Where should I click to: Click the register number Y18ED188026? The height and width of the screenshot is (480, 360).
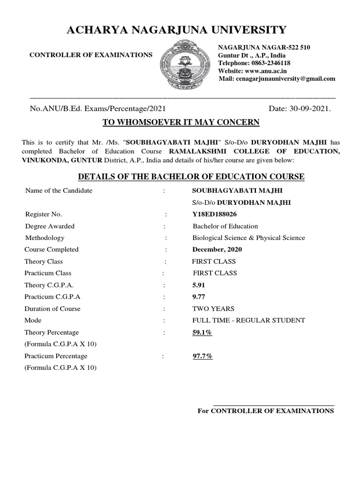214,214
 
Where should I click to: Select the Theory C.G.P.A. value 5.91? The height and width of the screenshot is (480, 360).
199,285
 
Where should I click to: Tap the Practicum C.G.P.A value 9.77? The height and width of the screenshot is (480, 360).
199,297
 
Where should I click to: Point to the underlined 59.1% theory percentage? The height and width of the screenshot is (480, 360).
202,332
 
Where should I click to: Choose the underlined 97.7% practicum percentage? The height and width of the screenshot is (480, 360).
202,356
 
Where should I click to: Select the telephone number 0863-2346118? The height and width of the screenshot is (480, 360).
270,63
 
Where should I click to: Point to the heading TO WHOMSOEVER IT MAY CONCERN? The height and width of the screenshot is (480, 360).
181,123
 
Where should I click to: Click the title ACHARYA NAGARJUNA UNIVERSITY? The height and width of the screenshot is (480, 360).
177,30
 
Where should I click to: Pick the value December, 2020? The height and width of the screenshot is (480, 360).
217,249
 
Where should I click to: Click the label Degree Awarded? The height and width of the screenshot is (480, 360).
50,226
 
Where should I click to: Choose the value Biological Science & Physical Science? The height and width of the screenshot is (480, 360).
248,238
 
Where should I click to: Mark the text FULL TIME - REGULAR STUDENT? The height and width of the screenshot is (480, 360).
248,320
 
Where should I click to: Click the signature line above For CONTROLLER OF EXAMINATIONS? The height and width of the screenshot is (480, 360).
274,405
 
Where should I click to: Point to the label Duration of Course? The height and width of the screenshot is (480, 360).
52,308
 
